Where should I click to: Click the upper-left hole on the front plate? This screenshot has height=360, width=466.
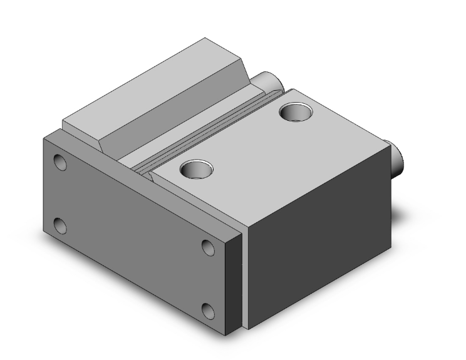pyautogui.click(x=60, y=163)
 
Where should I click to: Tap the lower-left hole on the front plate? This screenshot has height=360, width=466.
pyautogui.click(x=60, y=224)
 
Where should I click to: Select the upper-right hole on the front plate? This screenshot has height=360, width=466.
pyautogui.click(x=208, y=247)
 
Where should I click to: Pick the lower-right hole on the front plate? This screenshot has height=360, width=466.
pyautogui.click(x=208, y=309)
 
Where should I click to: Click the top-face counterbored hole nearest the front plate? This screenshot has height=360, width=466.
pyautogui.click(x=195, y=168)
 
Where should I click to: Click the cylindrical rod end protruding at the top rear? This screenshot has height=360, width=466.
pyautogui.click(x=268, y=81)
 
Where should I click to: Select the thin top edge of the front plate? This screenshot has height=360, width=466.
pyautogui.click(x=144, y=182)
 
